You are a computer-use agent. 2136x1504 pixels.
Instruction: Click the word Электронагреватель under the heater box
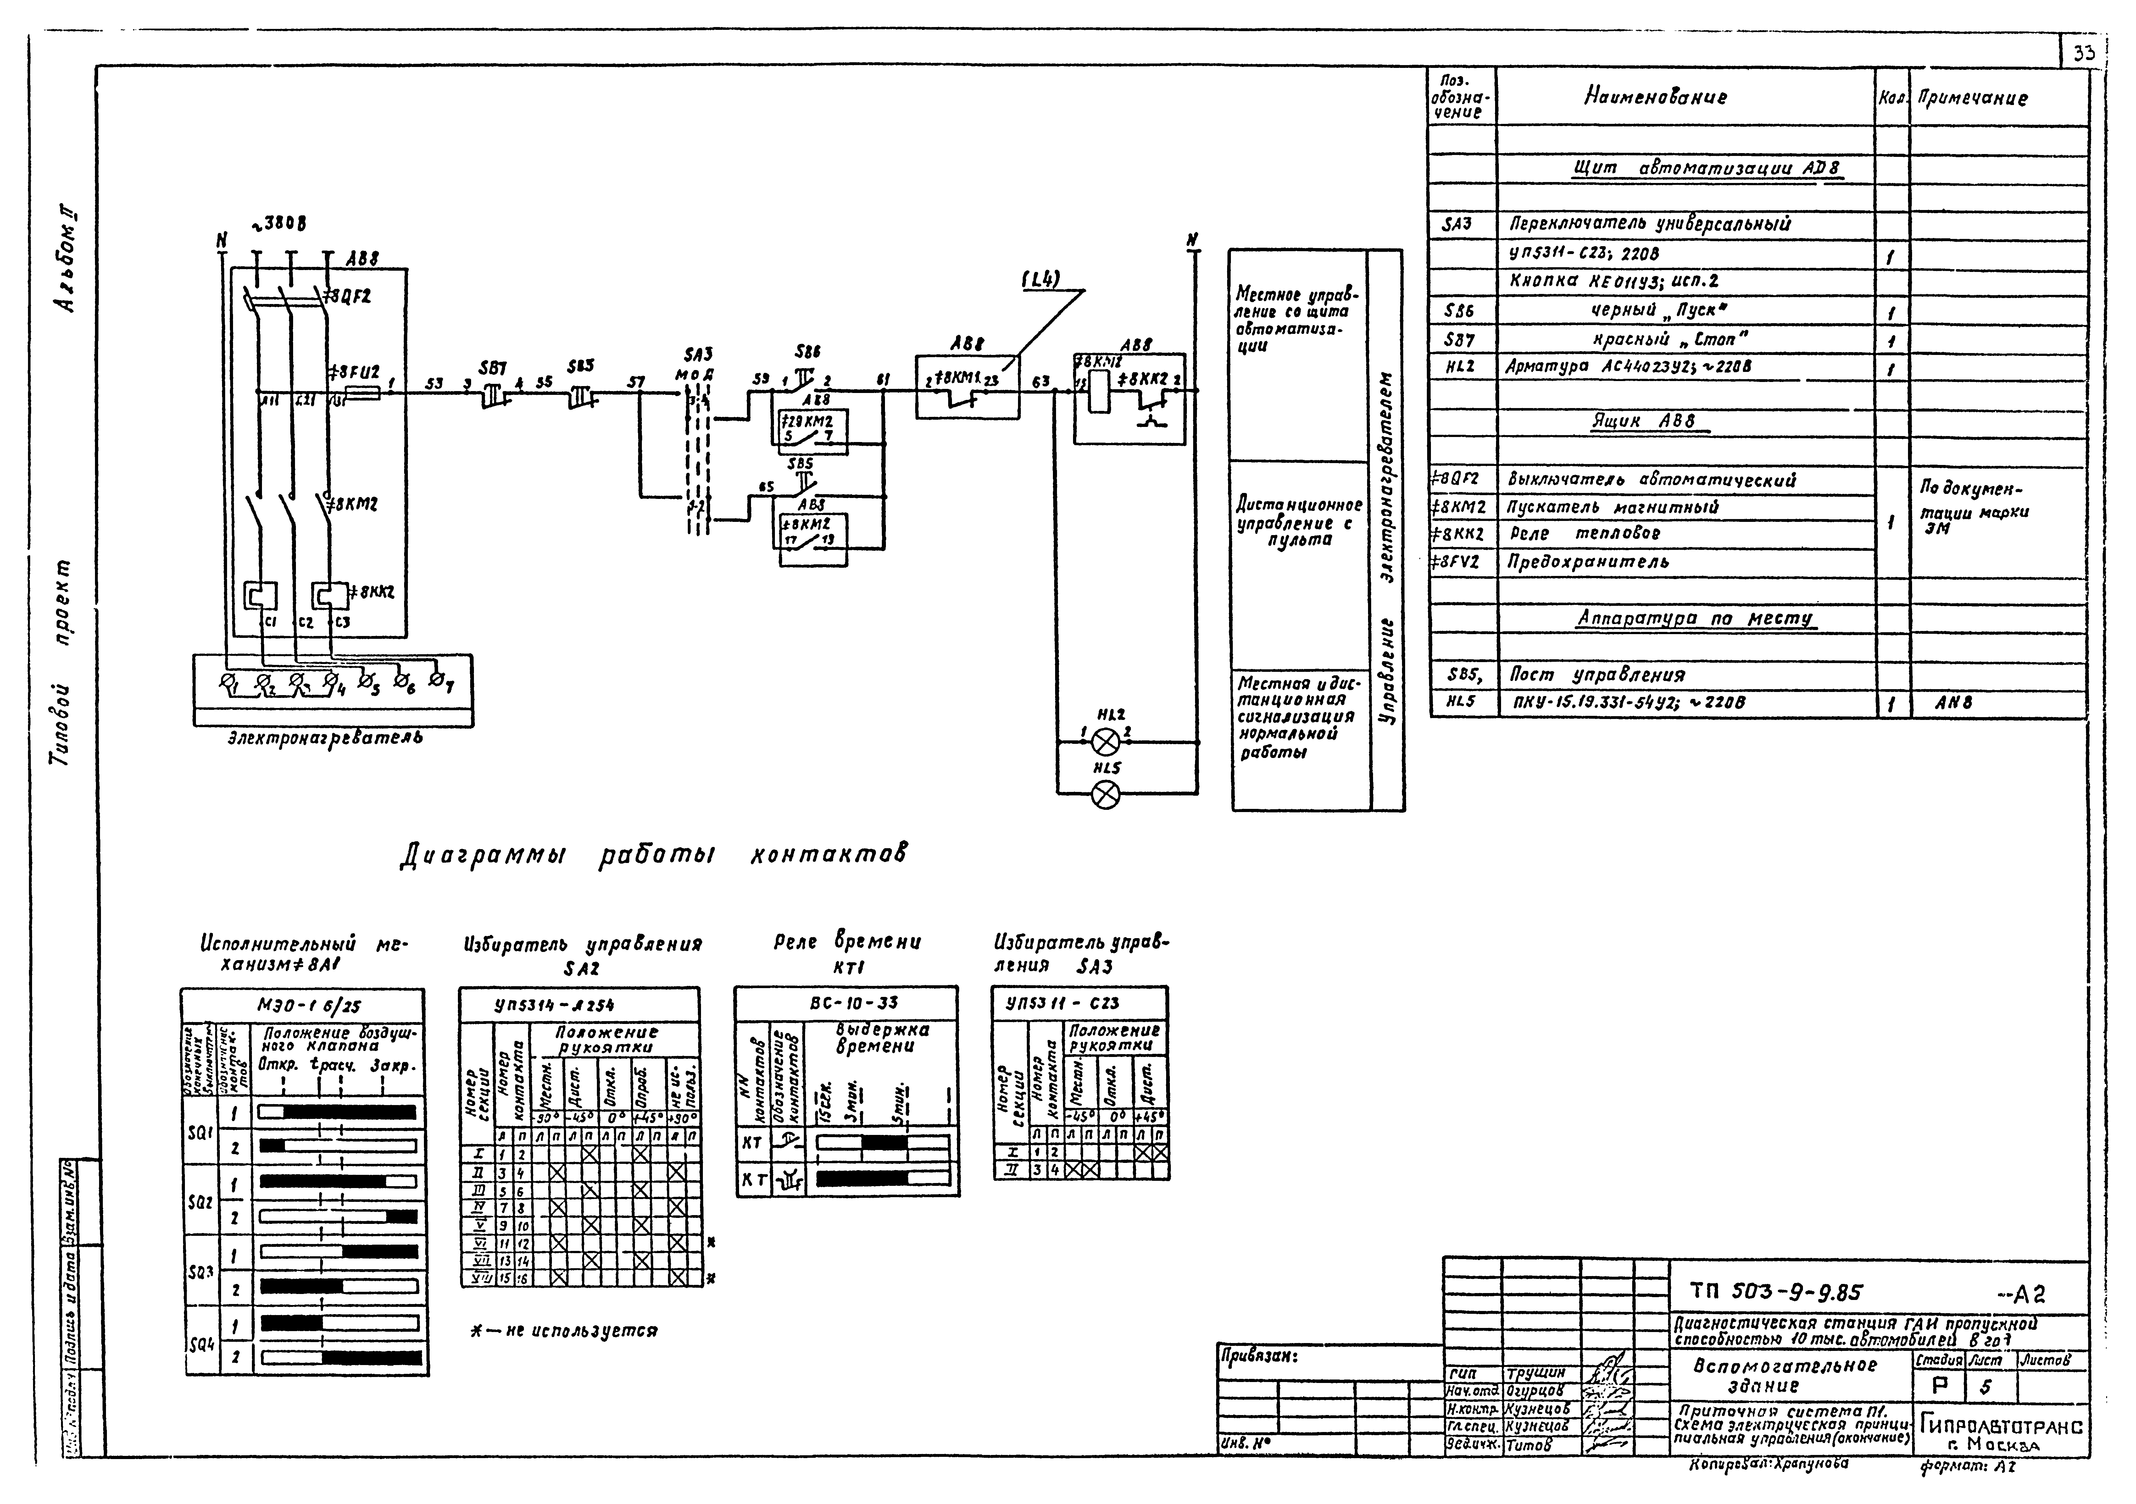click(x=325, y=738)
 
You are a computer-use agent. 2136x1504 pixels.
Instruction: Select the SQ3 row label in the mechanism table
click(x=201, y=1270)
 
